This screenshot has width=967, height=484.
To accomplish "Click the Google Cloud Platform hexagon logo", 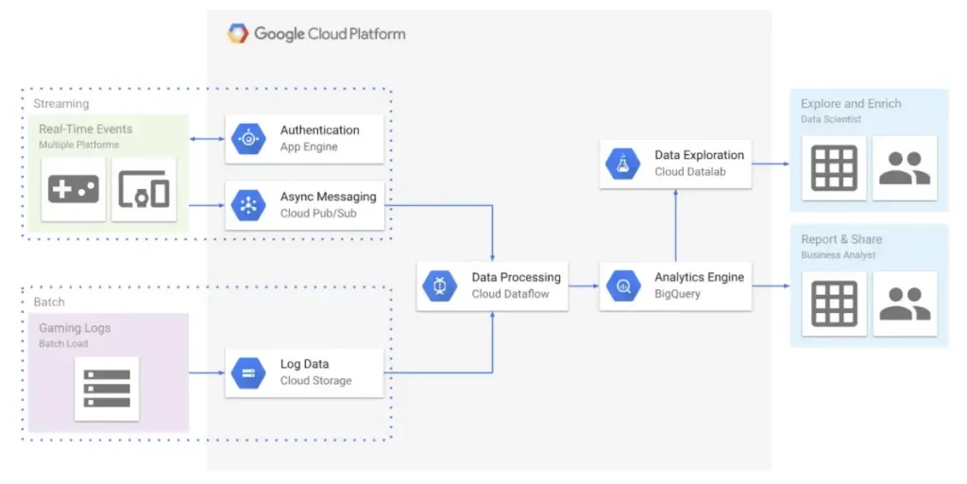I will (x=238, y=34).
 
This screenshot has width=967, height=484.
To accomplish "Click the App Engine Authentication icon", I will (x=248, y=139).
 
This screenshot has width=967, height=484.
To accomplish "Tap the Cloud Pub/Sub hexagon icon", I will (x=248, y=205).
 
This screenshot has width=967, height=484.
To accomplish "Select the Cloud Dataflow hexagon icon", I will (x=440, y=285).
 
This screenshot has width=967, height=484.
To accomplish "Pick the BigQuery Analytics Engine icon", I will (x=623, y=285).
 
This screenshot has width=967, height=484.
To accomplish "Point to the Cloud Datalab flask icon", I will (x=623, y=164).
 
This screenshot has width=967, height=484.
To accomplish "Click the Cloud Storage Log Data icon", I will (x=248, y=372).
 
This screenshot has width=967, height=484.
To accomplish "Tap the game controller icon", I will (x=74, y=189).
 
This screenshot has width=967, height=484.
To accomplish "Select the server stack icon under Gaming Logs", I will (x=107, y=389).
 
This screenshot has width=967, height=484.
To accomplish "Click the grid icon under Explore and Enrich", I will (x=834, y=168).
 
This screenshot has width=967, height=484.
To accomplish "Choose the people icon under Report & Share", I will (x=905, y=303).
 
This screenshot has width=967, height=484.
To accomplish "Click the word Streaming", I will (x=61, y=104).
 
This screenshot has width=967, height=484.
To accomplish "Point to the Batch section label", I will (x=49, y=302).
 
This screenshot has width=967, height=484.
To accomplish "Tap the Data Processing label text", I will (x=516, y=277).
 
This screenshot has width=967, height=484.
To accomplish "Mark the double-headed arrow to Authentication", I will (x=207, y=139).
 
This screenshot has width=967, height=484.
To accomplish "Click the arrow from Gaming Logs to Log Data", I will (x=207, y=372).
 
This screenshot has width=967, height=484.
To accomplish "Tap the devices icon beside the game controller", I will (x=144, y=189).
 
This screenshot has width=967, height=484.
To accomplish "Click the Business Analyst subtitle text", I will (x=839, y=255).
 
